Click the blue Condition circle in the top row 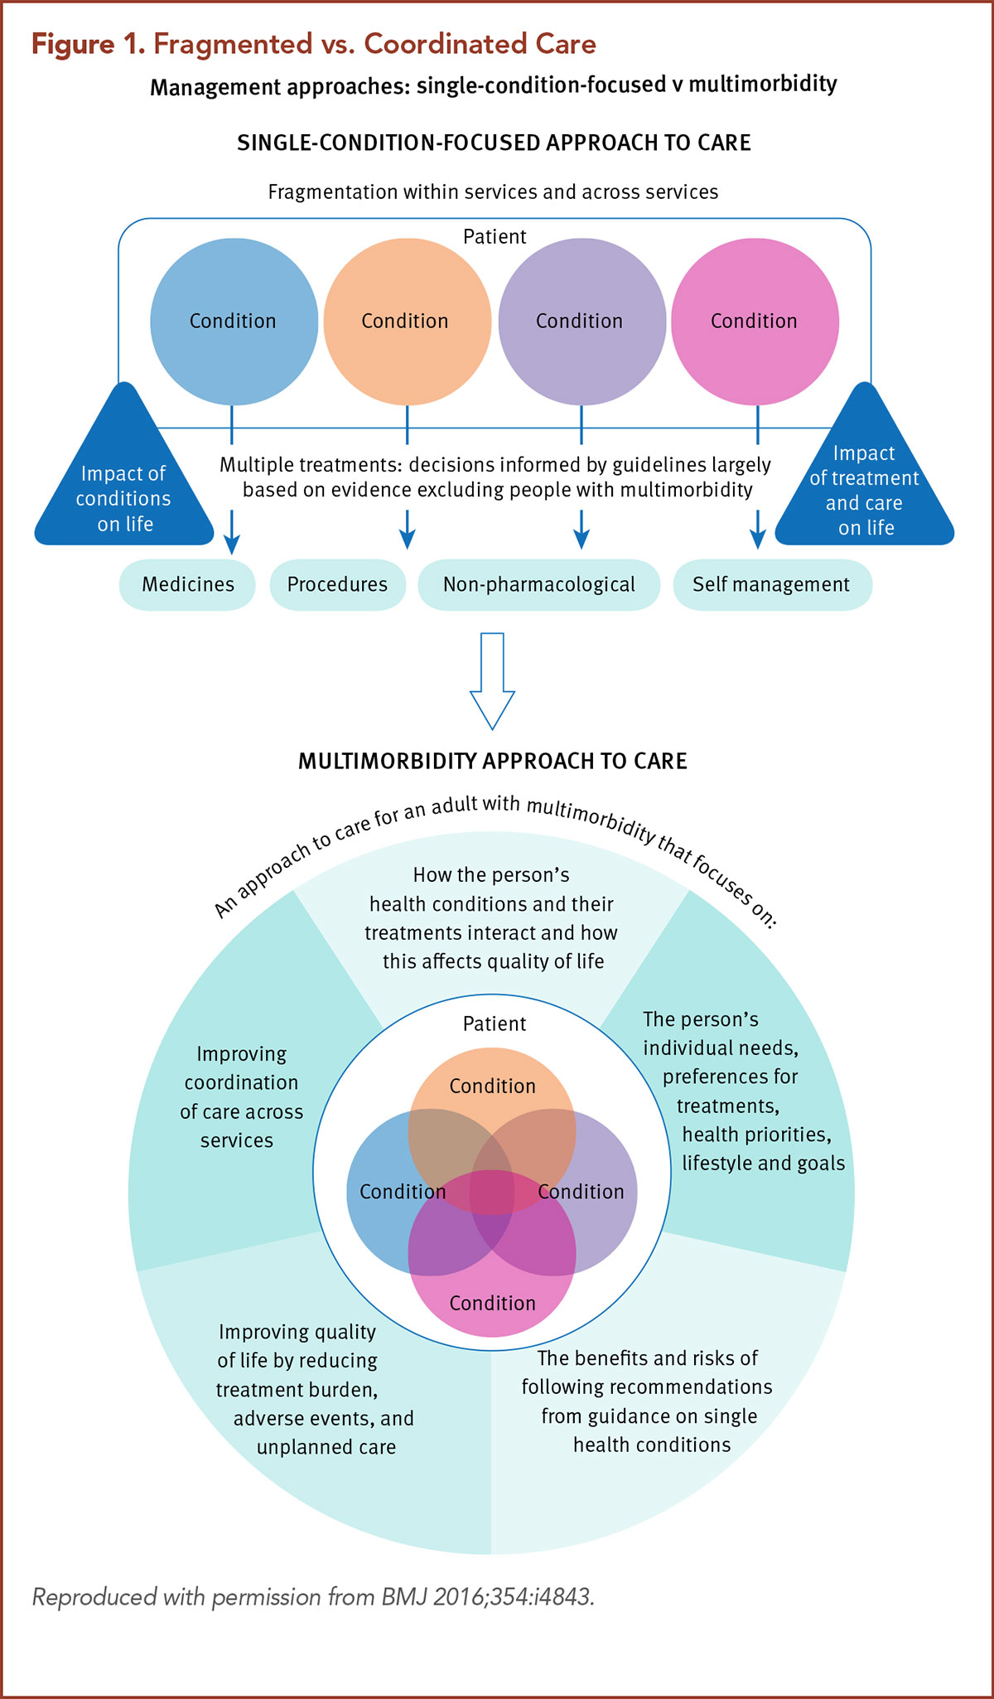pyautogui.click(x=234, y=321)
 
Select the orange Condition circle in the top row pyautogui.click(x=406, y=321)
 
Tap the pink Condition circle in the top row pyautogui.click(x=754, y=321)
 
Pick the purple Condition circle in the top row pyautogui.click(x=581, y=321)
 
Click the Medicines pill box pyautogui.click(x=187, y=585)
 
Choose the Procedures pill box pyautogui.click(x=337, y=585)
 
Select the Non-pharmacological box pyautogui.click(x=538, y=585)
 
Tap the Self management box pyautogui.click(x=771, y=585)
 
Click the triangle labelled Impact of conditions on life pyautogui.click(x=124, y=489)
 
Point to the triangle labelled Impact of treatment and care pyautogui.click(x=865, y=489)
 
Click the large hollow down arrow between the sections pyautogui.click(x=492, y=680)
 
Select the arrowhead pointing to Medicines pyautogui.click(x=232, y=543)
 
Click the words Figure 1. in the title pyautogui.click(x=88, y=44)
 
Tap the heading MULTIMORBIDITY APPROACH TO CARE pyautogui.click(x=492, y=762)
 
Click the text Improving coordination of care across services pyautogui.click(x=241, y=1097)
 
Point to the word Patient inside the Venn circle pyautogui.click(x=495, y=1024)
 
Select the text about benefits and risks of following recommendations pyautogui.click(x=647, y=1401)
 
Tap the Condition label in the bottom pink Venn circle pyautogui.click(x=492, y=1304)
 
